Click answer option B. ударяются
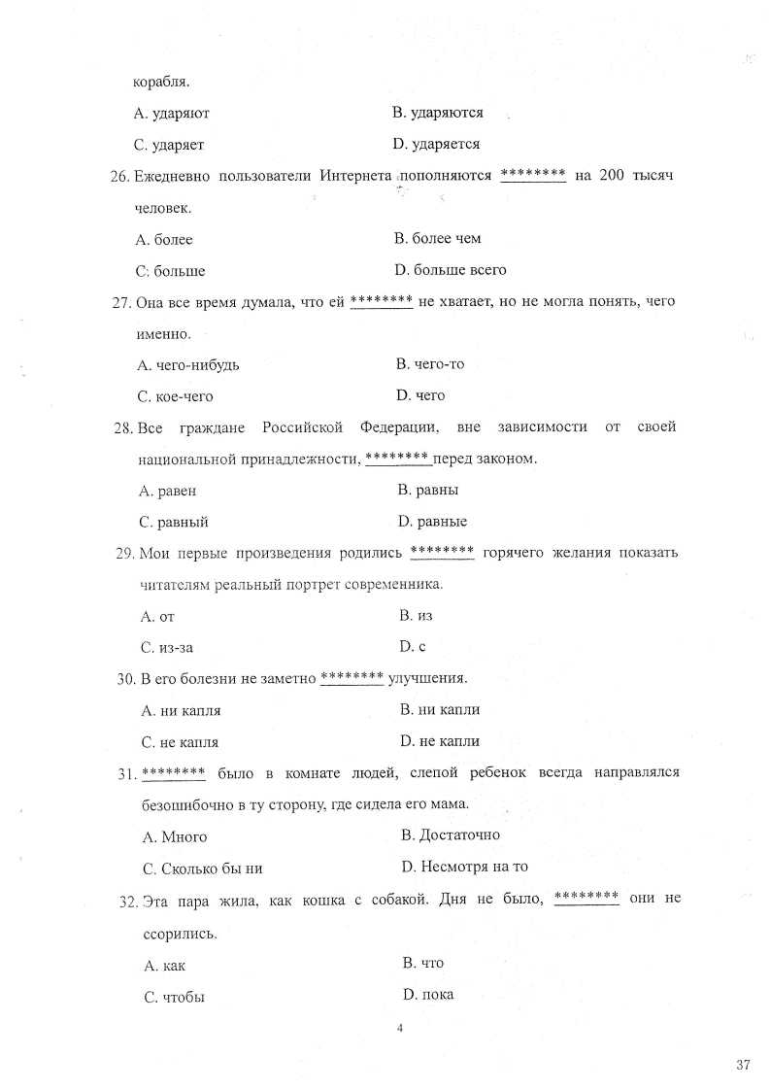(x=437, y=113)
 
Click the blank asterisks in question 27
(x=382, y=302)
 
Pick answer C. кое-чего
(x=176, y=396)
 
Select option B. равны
(x=428, y=490)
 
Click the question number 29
(x=124, y=554)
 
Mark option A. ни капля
(x=182, y=710)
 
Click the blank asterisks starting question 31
(x=173, y=773)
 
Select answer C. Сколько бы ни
(x=202, y=869)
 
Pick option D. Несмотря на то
(x=464, y=867)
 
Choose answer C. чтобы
(x=174, y=997)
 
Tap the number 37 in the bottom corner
(x=744, y=1066)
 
